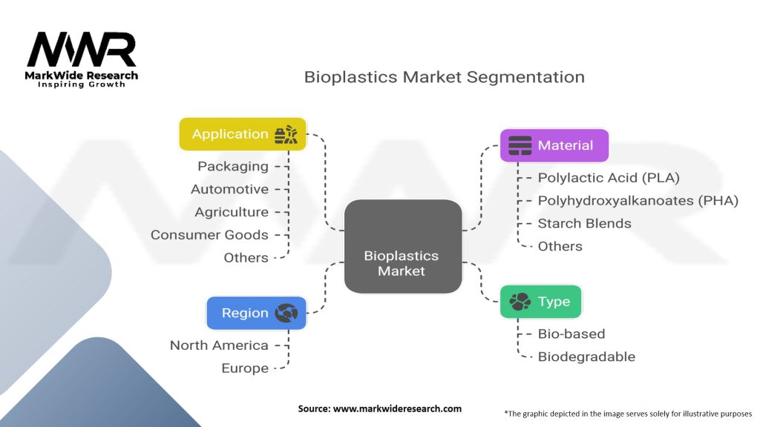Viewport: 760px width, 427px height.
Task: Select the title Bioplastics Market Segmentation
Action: pyautogui.click(x=444, y=77)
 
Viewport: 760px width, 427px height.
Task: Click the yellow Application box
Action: pyautogui.click(x=243, y=134)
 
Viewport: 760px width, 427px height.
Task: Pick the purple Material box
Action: pyautogui.click(x=554, y=145)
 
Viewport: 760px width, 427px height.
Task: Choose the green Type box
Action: pyautogui.click(x=540, y=302)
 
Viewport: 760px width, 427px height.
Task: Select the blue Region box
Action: pyautogui.click(x=255, y=313)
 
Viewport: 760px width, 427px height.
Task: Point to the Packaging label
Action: pyautogui.click(x=232, y=167)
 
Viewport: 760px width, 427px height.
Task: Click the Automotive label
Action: pyautogui.click(x=229, y=189)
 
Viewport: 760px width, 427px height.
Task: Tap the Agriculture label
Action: pyautogui.click(x=232, y=212)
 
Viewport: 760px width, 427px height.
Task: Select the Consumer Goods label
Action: pyautogui.click(x=209, y=235)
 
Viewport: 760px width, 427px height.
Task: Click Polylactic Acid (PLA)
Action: pyautogui.click(x=609, y=178)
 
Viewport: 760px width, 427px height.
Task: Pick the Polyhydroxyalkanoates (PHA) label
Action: pyautogui.click(x=638, y=200)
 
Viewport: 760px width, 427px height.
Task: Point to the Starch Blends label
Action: pyautogui.click(x=584, y=223)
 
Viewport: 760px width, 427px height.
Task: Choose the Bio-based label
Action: pyautogui.click(x=571, y=334)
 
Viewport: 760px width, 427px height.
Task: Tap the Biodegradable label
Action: pyautogui.click(x=586, y=357)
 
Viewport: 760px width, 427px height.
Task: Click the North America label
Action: pyautogui.click(x=219, y=345)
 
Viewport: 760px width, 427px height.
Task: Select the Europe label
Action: pyautogui.click(x=245, y=368)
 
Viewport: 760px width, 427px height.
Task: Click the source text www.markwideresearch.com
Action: pyautogui.click(x=379, y=409)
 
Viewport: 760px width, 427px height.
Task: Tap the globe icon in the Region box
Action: pyautogui.click(x=286, y=313)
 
